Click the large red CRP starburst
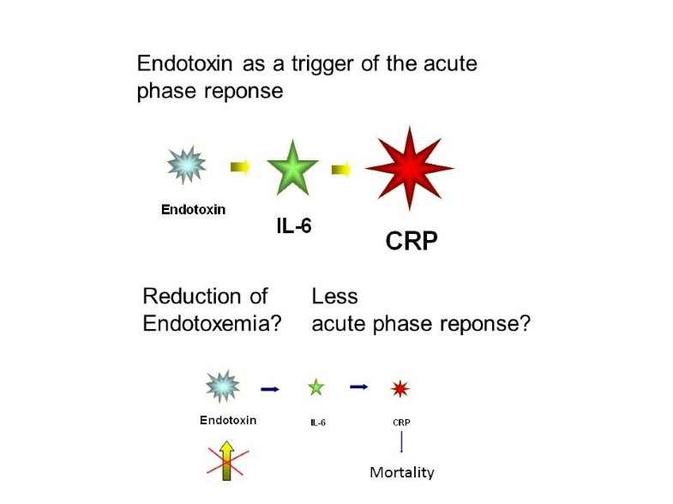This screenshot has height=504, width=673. (410, 169)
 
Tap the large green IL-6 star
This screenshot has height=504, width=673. (292, 169)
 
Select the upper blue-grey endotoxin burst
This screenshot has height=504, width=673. (187, 165)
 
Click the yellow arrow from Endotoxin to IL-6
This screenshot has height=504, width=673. (240, 166)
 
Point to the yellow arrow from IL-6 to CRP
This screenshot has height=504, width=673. (341, 170)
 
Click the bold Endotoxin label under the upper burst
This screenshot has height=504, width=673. (193, 210)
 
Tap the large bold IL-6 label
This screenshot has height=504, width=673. (294, 226)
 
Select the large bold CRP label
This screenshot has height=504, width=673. (412, 241)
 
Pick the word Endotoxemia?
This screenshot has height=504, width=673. (212, 323)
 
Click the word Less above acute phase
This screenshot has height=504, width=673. (334, 297)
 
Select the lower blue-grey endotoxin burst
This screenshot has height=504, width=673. (222, 387)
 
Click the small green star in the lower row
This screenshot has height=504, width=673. (316, 387)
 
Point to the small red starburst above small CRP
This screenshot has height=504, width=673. (400, 388)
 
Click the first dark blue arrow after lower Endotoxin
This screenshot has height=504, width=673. (270, 389)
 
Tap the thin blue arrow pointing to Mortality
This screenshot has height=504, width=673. (401, 442)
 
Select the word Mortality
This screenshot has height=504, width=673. (402, 472)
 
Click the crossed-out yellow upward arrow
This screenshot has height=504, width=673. (227, 460)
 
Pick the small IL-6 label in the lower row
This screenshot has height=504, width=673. (318, 423)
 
